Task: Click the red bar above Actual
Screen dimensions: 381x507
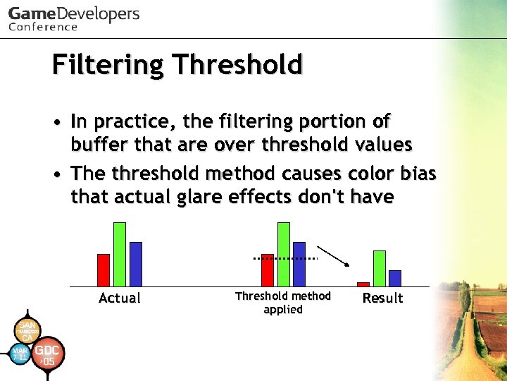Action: point(104,270)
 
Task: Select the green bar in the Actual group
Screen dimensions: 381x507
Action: point(120,254)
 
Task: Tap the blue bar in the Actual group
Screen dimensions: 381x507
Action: point(136,264)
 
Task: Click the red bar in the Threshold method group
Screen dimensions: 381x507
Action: point(268,270)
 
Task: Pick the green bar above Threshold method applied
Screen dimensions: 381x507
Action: point(284,254)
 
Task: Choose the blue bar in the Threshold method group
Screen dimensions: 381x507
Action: point(299,264)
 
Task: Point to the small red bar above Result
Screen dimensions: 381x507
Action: point(363,284)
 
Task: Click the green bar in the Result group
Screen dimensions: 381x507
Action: point(380,268)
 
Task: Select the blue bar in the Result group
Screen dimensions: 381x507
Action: point(395,278)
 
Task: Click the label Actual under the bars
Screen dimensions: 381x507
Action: point(120,298)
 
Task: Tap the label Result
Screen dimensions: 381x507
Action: point(382,298)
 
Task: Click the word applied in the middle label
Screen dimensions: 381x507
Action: point(283,310)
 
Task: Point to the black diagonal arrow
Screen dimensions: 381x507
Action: point(333,255)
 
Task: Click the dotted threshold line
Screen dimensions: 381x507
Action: point(286,259)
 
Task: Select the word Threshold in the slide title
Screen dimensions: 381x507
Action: point(237,65)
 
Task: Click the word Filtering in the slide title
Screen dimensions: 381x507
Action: point(107,65)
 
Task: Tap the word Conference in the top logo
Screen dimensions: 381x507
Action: point(44,27)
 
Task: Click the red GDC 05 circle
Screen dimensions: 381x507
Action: point(47,355)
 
